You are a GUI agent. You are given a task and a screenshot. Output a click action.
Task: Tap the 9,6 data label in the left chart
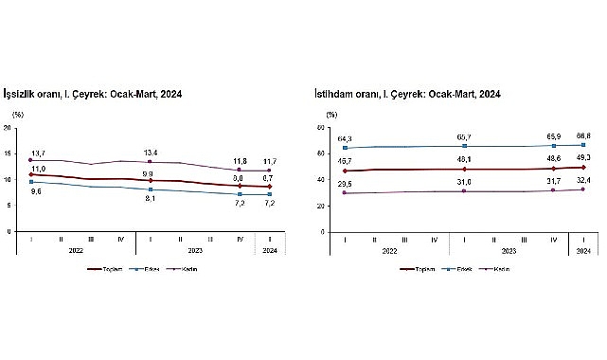[35, 190]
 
